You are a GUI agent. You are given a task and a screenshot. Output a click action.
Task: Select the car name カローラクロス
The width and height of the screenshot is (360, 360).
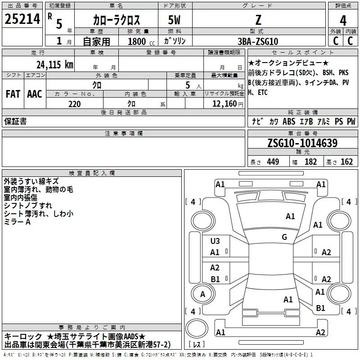[x=116, y=20]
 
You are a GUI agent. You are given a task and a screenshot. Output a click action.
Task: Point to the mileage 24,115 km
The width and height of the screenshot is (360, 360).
[x=54, y=64]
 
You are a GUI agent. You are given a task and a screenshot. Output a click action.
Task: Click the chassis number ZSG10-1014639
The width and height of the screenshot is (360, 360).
[x=302, y=143]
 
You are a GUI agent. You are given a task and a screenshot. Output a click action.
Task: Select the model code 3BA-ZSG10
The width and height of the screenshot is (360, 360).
[x=257, y=41]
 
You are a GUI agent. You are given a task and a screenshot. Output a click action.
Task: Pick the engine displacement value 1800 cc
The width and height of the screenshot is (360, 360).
[x=140, y=41]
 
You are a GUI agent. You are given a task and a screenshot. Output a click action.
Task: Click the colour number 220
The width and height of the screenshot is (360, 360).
[x=74, y=104]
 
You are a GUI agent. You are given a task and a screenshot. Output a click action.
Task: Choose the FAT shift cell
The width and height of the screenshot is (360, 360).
[x=13, y=94]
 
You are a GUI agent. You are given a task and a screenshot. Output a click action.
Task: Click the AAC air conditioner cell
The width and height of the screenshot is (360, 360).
[x=35, y=94]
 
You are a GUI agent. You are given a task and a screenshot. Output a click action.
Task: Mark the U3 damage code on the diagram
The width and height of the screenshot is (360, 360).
[x=215, y=241]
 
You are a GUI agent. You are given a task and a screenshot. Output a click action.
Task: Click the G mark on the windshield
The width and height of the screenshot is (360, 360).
[x=284, y=237]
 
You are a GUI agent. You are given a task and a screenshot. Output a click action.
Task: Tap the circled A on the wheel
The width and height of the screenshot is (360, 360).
[x=202, y=294]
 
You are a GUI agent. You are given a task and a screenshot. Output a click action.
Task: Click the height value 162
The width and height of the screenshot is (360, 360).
[x=346, y=162]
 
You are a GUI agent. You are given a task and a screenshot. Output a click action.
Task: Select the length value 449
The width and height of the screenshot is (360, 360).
[x=272, y=162]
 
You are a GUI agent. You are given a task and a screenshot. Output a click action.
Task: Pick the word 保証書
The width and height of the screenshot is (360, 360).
[x=15, y=121]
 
